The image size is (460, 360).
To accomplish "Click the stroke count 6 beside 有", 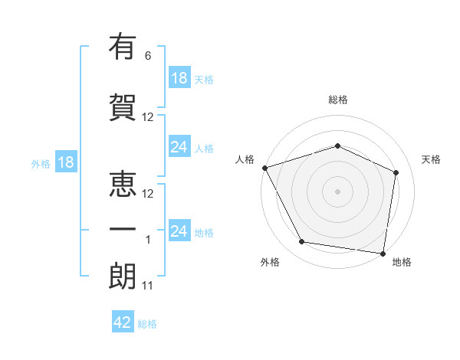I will pos(148,56).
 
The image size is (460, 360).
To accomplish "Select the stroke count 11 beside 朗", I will pos(148,286).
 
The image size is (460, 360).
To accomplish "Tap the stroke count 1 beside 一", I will pos(149,240).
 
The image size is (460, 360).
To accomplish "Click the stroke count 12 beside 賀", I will pos(148,117).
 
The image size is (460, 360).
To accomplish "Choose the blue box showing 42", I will pos(123,322).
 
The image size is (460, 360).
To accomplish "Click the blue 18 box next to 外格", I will pos(65,162).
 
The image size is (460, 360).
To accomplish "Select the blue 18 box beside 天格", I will pos(179,77).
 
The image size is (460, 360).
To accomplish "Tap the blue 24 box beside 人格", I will pos(179,147).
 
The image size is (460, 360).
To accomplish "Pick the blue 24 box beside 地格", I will pos(179,231).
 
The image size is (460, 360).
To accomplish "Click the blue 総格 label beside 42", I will pos(147,324).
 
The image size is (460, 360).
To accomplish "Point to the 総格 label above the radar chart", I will pos(337,100).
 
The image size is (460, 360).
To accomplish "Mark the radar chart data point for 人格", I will pos(264,168).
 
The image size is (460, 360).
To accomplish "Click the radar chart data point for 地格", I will pos(383,253).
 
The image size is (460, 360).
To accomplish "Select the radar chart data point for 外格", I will pos(302,243).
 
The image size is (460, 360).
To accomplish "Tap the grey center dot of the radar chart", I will pos(337,191).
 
